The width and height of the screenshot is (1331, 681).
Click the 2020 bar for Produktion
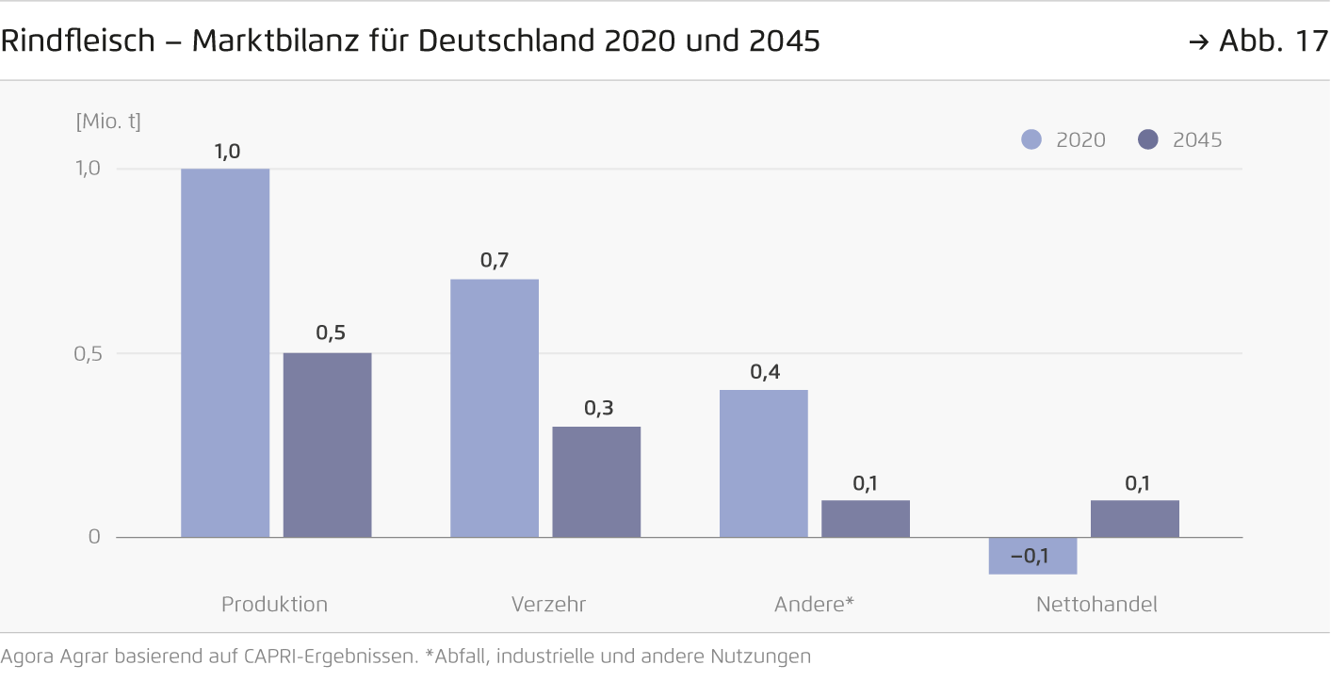225,353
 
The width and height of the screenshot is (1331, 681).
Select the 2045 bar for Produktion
327,445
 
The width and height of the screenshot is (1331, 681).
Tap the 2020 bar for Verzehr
495,408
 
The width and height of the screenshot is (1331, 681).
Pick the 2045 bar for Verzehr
596,481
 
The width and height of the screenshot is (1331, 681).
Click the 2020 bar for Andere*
764,463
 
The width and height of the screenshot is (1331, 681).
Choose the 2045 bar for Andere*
866,518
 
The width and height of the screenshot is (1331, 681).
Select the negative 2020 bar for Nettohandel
1033,556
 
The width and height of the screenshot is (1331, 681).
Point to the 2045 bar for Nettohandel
1135,518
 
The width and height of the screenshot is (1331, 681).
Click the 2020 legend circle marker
1031,140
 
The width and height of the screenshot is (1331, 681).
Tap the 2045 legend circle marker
1147,140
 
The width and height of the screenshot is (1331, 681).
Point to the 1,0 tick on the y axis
88,169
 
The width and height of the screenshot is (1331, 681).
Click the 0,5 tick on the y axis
88,353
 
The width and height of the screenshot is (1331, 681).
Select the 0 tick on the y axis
94,537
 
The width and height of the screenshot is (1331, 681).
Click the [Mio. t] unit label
108,122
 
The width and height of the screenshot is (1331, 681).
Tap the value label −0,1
1030,556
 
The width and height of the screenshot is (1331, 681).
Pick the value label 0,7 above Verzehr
495,261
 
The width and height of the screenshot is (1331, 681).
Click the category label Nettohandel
1096,605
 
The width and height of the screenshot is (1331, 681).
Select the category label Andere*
814,605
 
